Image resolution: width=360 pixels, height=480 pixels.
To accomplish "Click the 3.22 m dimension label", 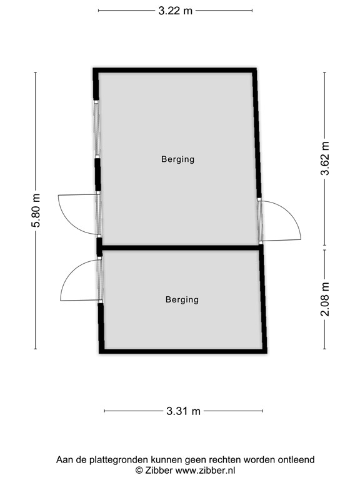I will coord(175,11).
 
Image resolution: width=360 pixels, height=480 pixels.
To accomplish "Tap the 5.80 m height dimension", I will coord(36,211).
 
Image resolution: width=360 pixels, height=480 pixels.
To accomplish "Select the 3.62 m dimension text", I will coord(324,159).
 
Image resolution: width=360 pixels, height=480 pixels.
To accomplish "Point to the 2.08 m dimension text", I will coord(324,299).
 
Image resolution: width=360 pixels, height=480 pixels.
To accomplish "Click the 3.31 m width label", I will coord(184,411).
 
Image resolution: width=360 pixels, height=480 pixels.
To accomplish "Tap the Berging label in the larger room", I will coord(177,159).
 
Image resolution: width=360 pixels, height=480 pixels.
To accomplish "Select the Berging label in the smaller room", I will coord(182,300).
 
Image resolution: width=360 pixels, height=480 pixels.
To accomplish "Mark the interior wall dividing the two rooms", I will coord(181,248).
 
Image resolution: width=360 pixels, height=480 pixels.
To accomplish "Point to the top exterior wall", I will coord(175,70).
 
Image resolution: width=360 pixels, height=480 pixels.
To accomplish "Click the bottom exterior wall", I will coord(182,351).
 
